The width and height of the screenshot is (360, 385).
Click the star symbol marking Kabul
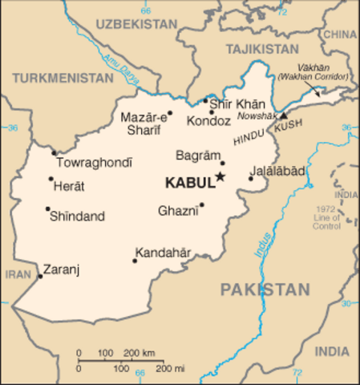[x=220, y=178]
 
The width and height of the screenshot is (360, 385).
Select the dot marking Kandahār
[x=134, y=260]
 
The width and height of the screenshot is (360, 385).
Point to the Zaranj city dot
[x=40, y=277]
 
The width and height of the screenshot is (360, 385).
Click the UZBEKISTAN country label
[x=136, y=25]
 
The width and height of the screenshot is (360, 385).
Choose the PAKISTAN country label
[x=265, y=290]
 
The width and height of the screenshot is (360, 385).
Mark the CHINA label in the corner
[x=341, y=34]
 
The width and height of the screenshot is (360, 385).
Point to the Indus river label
[x=262, y=242]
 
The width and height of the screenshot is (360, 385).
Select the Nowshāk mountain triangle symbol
[x=282, y=115]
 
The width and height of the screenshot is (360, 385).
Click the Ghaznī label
[x=176, y=211]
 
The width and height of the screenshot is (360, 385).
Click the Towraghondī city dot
[x=54, y=152]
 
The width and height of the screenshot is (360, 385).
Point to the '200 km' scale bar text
[x=140, y=353]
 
